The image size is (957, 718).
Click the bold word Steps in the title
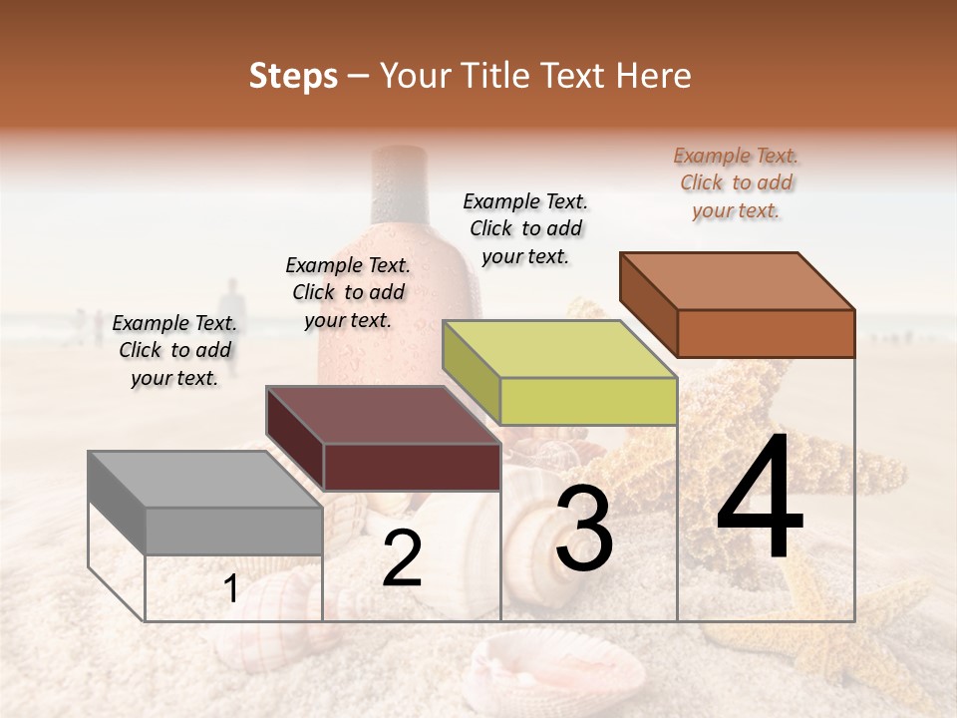(293, 76)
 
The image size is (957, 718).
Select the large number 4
(760, 499)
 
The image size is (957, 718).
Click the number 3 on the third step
(584, 531)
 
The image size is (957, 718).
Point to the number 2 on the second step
(402, 558)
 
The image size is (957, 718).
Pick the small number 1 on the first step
(231, 588)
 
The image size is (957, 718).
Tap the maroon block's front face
(412, 467)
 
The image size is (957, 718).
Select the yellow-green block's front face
(588, 402)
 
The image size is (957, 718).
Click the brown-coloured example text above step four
(736, 182)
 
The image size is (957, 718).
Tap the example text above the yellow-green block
(525, 228)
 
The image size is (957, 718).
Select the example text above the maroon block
(348, 292)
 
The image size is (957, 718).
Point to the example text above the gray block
(174, 350)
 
